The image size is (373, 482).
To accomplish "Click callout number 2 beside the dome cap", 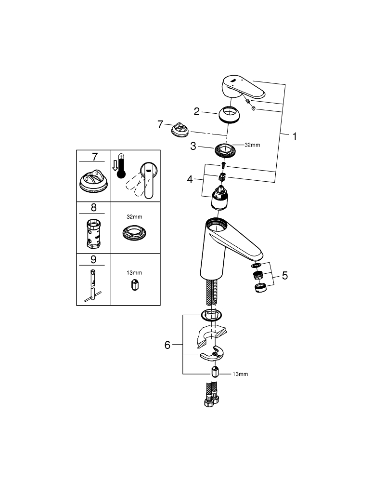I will pyautogui.click(x=196, y=111).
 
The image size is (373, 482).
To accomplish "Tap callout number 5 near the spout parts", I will pyautogui.click(x=285, y=276).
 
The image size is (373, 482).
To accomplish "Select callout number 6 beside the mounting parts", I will pyautogui.click(x=167, y=345).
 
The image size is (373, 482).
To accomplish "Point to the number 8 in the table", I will pyautogui.click(x=93, y=207).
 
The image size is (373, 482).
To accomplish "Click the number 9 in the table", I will pyautogui.click(x=93, y=259).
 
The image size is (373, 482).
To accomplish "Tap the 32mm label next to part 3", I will pyautogui.click(x=252, y=145).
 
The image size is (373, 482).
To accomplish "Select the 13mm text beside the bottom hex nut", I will pyautogui.click(x=240, y=374).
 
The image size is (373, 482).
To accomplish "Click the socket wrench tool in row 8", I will pyautogui.click(x=93, y=233).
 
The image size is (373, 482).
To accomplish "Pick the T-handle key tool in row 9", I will pyautogui.click(x=93, y=286).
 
